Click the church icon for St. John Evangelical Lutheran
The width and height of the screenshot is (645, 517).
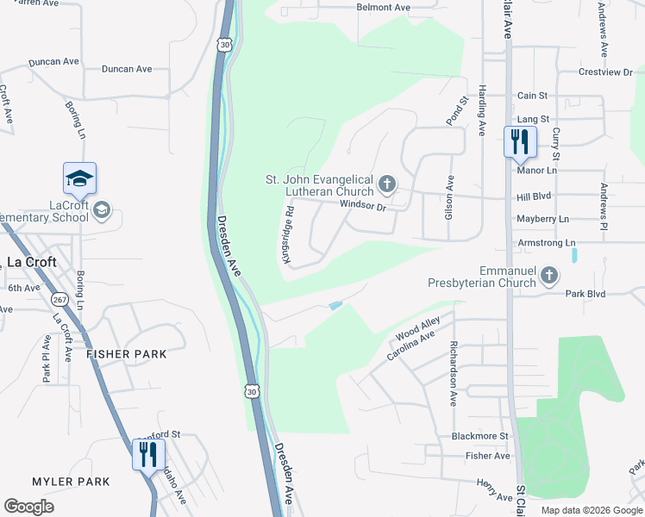tap(387, 184)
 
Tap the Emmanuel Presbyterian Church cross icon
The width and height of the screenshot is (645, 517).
tap(548, 276)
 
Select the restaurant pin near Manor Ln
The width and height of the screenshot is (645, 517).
tap(520, 141)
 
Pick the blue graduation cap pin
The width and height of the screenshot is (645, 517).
tap(79, 178)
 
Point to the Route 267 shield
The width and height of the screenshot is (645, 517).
tap(59, 299)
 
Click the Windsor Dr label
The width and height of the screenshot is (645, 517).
tap(364, 205)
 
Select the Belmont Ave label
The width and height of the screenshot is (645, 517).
tap(384, 7)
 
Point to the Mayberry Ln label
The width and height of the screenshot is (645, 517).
tap(543, 220)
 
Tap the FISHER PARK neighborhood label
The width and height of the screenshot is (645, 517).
tap(126, 354)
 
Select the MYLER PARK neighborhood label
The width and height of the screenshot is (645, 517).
tap(71, 482)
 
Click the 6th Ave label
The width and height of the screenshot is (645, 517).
tap(24, 288)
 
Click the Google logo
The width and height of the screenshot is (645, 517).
tap(29, 507)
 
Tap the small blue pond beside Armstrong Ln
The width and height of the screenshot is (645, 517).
tap(574, 255)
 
